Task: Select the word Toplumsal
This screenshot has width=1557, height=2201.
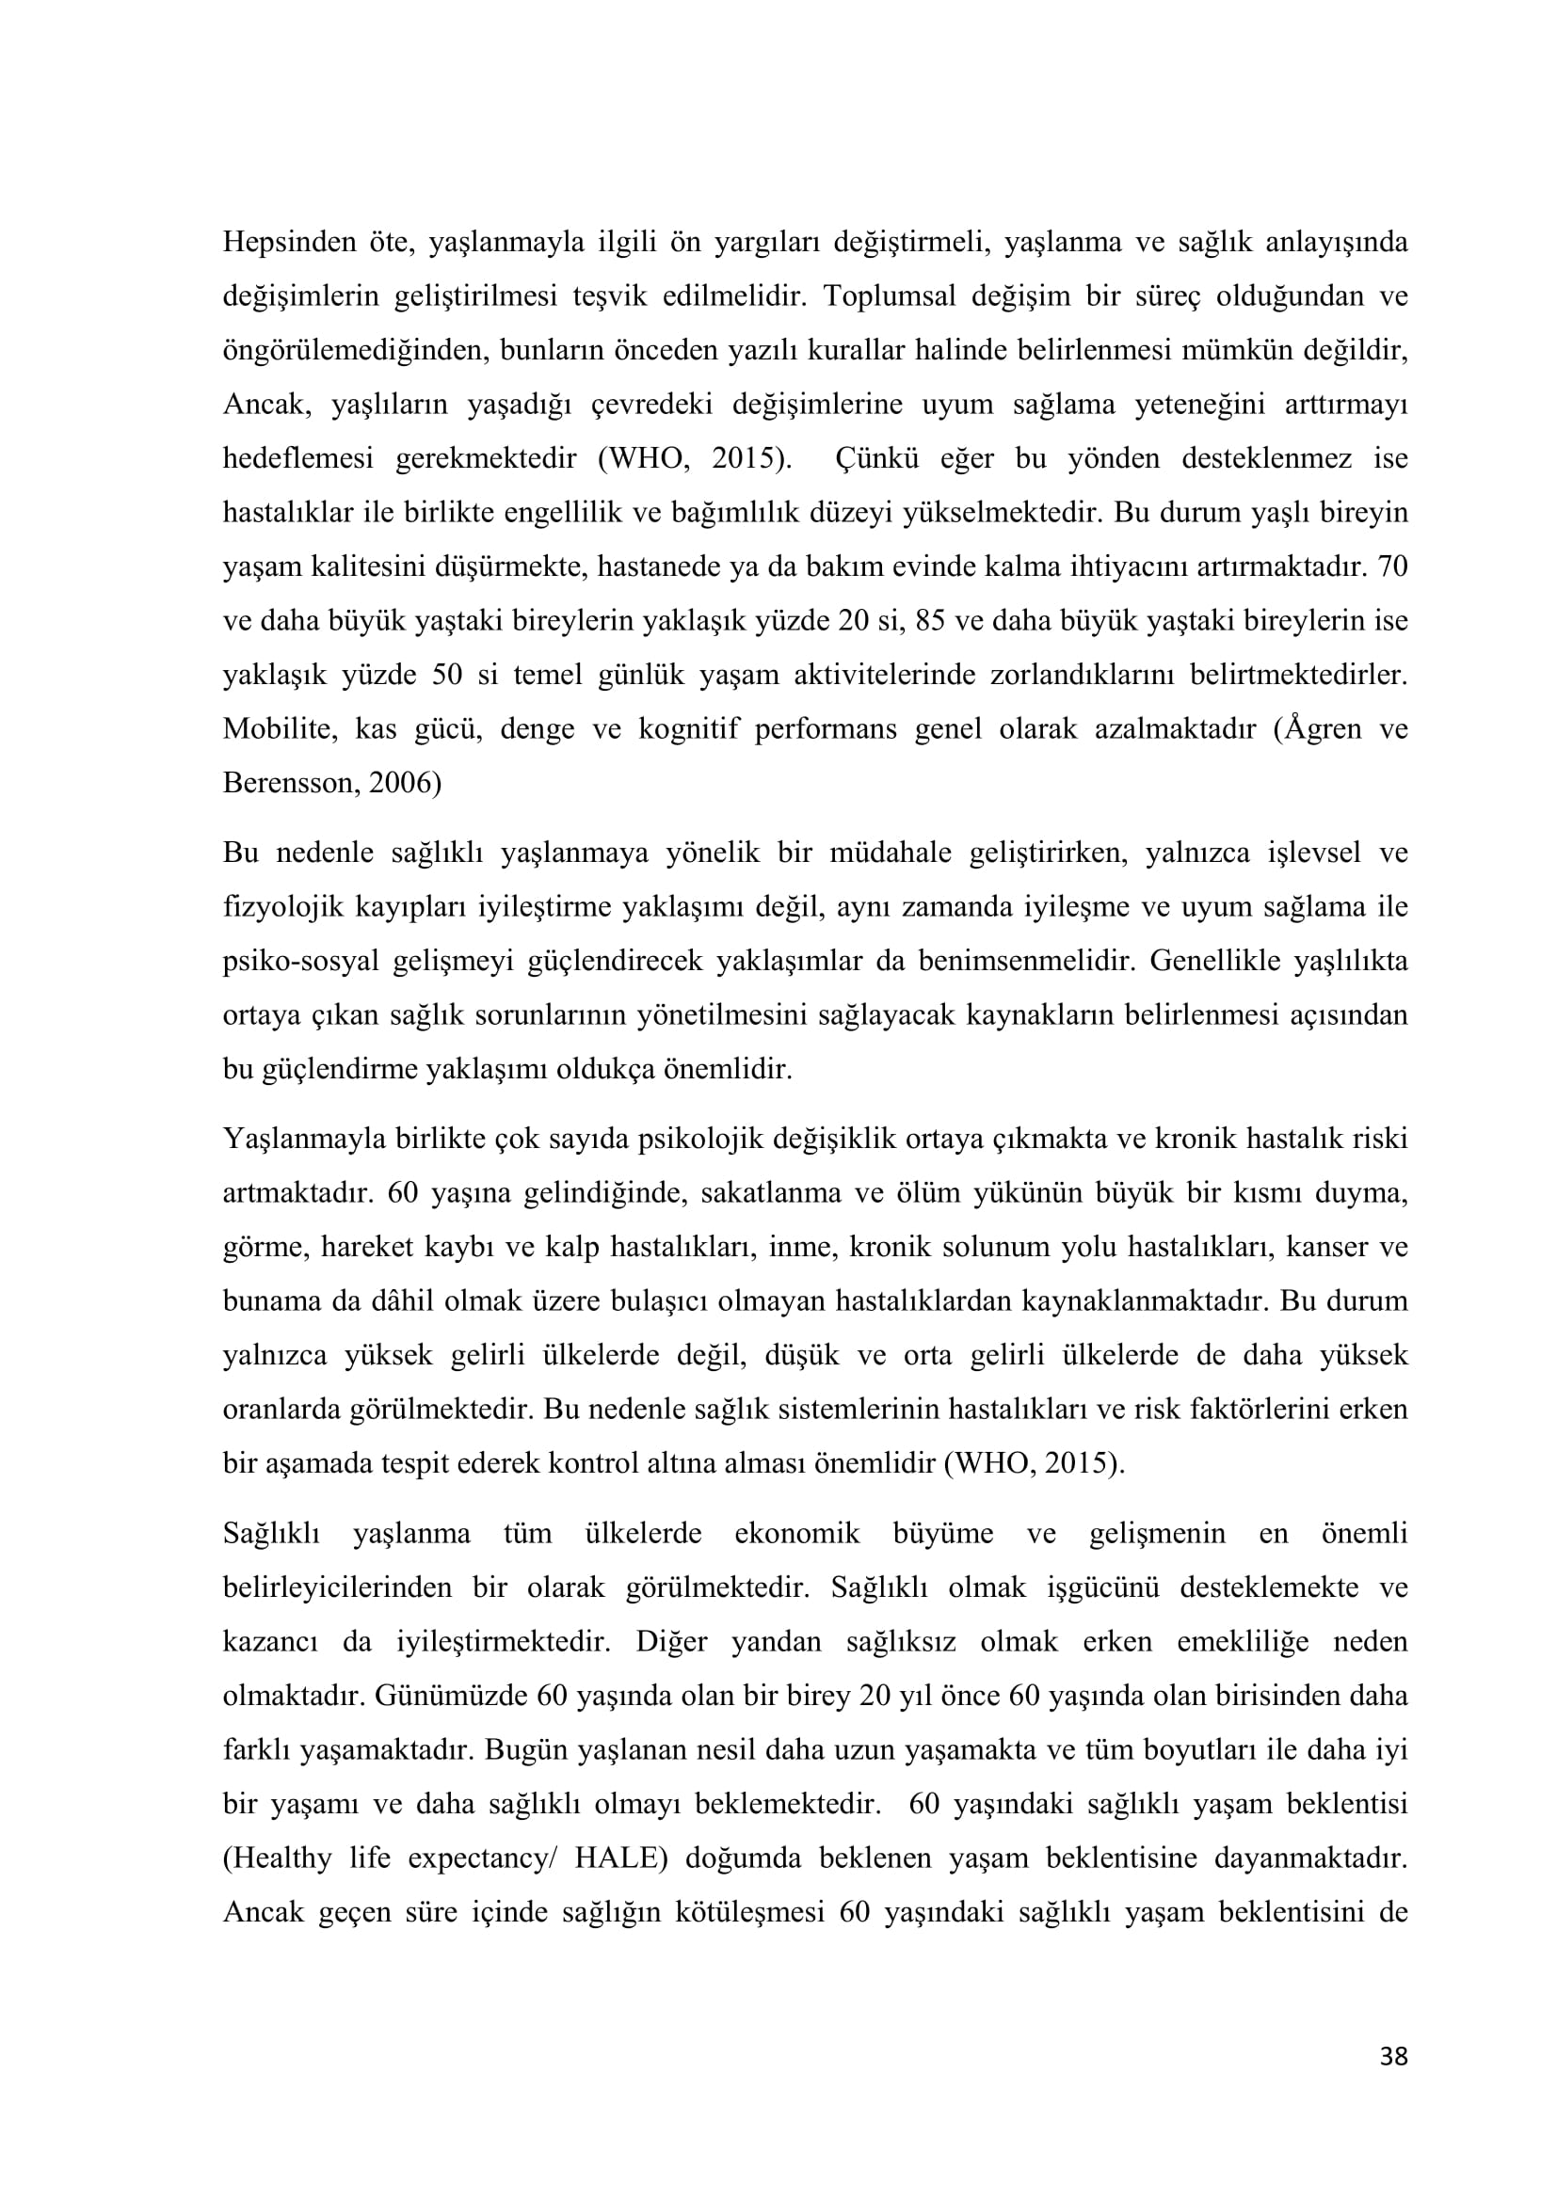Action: pyautogui.click(x=889, y=296)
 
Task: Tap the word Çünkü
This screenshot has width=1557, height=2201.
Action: pyautogui.click(x=877, y=458)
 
